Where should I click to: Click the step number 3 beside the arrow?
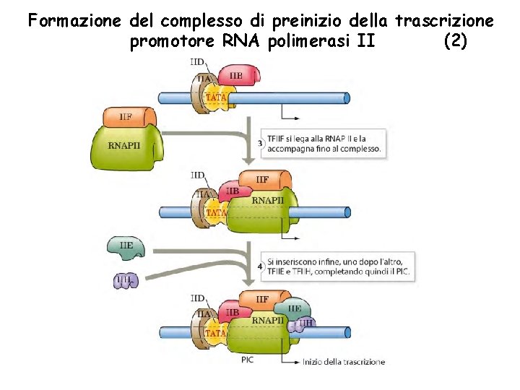coord(260,144)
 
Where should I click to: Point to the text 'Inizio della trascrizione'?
coord(344,362)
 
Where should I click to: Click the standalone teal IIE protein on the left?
coord(126,246)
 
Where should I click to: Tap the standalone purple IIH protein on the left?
coord(126,280)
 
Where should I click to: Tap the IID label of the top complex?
coord(197,63)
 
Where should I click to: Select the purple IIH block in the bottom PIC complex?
coord(305,324)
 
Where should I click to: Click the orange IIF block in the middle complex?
coord(264,180)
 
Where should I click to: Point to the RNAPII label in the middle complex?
coord(267,200)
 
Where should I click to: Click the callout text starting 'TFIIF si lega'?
coord(324,144)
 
